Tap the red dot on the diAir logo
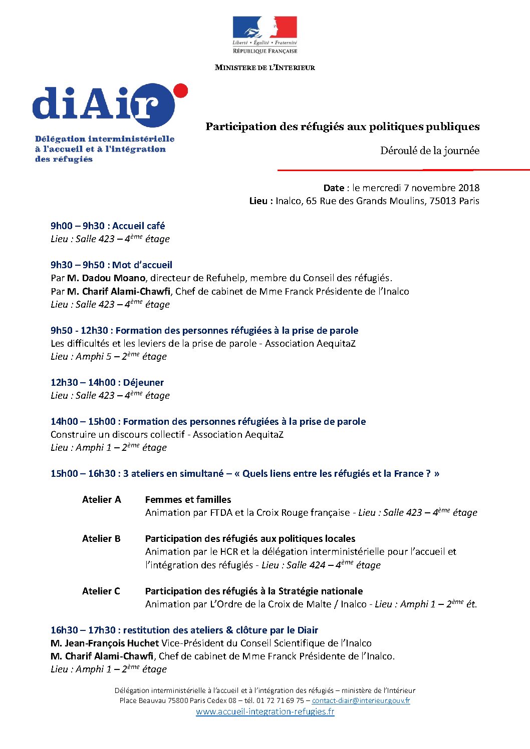tap(180, 91)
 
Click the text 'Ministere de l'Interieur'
tap(264, 68)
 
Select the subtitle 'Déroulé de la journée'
tap(429, 151)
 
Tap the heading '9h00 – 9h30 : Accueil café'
tap(108, 226)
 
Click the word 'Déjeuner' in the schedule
tap(143, 383)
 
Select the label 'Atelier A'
tap(102, 500)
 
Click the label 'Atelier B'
tap(101, 539)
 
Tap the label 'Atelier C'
tap(101, 591)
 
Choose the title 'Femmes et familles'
tap(188, 500)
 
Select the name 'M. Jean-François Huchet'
tap(105, 643)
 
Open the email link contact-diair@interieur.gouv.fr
tap(361, 701)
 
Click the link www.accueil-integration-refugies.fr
tap(265, 712)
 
